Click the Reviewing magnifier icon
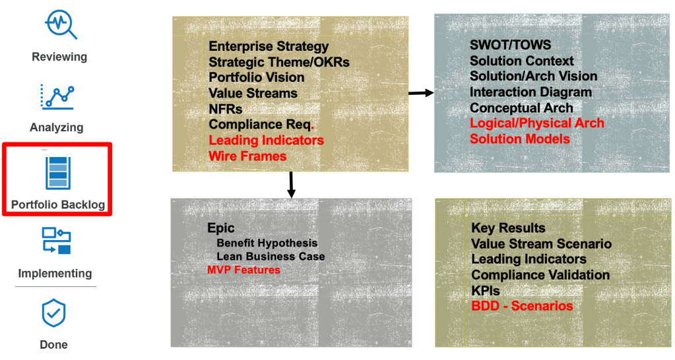tap(61, 24)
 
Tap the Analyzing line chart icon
tap(58, 96)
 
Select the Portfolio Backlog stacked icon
tap(58, 173)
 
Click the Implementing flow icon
tap(57, 241)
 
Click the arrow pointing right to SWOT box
tap(421, 93)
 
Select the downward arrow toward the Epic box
tap(290, 185)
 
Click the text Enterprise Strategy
tap(269, 46)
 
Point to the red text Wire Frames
tap(247, 156)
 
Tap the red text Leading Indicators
tap(266, 140)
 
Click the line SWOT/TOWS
tap(510, 45)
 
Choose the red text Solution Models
tap(519, 138)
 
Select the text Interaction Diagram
tap(530, 92)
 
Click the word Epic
tap(221, 228)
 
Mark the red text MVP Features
tap(243, 270)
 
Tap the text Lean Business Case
tap(271, 256)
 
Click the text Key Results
tap(508, 228)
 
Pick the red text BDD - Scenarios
tap(522, 306)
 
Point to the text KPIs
tap(486, 291)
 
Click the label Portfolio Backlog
tap(58, 204)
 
